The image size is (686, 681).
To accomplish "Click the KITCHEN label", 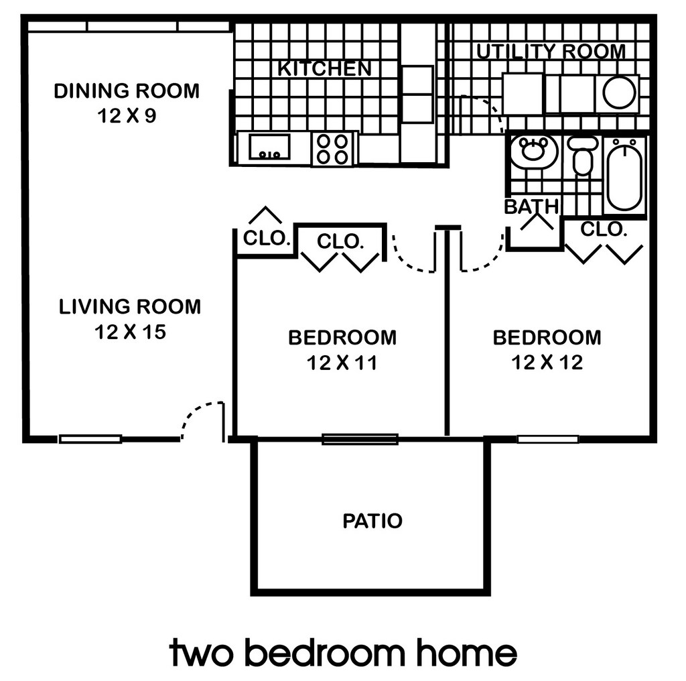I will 324,68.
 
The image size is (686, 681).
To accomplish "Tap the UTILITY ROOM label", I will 551,52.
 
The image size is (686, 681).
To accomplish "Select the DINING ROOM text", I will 127,90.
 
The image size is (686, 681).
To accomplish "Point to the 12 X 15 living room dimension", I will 130,332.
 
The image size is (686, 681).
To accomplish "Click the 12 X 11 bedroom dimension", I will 342,363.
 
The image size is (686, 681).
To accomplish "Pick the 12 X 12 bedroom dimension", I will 547,363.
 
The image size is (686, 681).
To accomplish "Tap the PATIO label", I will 372,521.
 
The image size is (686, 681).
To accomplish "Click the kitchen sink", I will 269,147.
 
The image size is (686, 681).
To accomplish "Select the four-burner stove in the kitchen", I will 333,148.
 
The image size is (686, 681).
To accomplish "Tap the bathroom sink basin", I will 533,151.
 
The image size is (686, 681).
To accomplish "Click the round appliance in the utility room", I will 619,93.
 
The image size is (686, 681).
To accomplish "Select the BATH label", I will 531,207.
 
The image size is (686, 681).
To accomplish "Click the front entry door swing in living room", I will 201,419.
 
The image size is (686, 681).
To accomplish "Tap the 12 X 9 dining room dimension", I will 127,116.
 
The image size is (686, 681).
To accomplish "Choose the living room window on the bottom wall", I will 90,439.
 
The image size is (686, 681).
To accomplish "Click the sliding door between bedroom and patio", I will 360,439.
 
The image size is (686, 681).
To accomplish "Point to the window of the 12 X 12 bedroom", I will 548,439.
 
